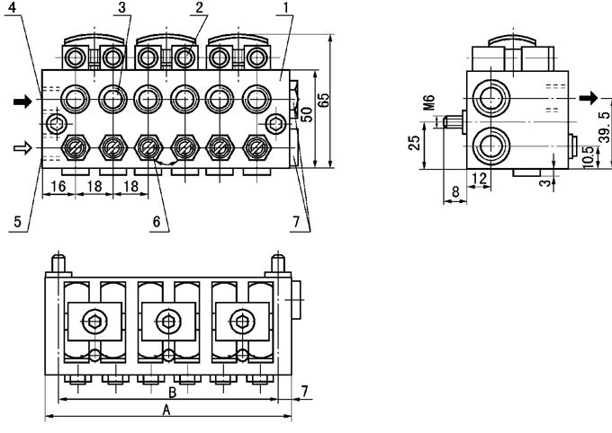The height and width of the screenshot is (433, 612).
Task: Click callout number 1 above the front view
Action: (x=284, y=9)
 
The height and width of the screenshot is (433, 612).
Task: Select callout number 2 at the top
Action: (x=200, y=9)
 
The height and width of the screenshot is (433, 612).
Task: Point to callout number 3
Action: (x=121, y=9)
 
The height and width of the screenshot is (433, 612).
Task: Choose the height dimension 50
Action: (x=307, y=115)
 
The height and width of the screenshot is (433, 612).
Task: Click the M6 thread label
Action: (x=429, y=105)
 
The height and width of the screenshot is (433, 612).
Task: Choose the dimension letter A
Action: (x=166, y=410)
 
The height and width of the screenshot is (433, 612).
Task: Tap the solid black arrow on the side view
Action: (x=588, y=97)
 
